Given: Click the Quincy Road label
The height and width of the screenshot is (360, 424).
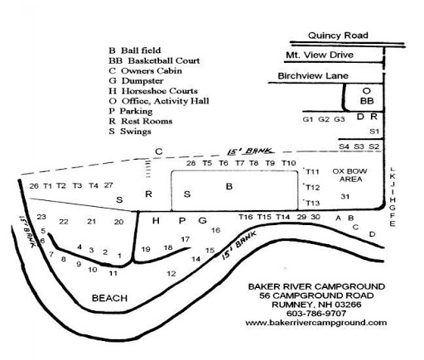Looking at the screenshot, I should point(337,36).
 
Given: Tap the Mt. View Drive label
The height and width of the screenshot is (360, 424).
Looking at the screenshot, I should point(319,55).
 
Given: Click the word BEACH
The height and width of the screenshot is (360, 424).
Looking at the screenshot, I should point(108,298).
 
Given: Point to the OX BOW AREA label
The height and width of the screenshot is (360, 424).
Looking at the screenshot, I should point(349,175).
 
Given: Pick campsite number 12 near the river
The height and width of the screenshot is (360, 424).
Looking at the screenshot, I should point(171,273).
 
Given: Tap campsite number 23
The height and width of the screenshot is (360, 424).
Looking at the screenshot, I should point(41,217).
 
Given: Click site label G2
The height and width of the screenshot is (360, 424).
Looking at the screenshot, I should point(324,120).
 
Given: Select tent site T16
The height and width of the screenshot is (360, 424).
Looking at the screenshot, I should point(245,217).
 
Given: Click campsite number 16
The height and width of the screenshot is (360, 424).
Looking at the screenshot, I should point(216,230).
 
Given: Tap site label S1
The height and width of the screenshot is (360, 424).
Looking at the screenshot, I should point(373,131).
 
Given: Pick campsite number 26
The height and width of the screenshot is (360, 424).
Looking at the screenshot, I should point(34,185).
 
